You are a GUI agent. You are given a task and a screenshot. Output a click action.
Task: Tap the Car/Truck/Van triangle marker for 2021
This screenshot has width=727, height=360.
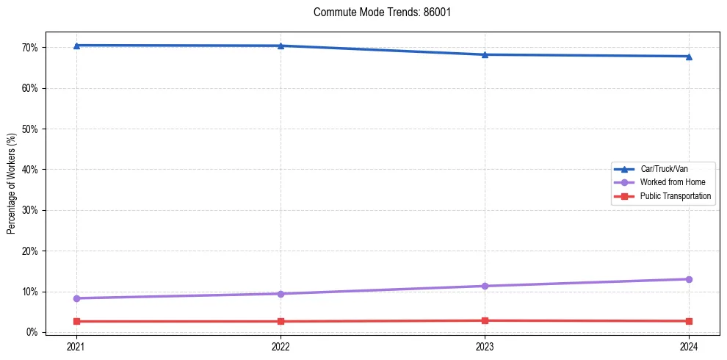pyautogui.click(x=76, y=46)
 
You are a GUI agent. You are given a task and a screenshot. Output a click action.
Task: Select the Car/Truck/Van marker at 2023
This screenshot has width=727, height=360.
pyautogui.click(x=485, y=54)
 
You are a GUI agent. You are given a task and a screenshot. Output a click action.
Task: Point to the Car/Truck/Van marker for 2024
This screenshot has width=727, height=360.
pyautogui.click(x=689, y=57)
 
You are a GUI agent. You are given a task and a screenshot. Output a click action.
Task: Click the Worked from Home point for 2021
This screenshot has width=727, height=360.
pyautogui.click(x=76, y=298)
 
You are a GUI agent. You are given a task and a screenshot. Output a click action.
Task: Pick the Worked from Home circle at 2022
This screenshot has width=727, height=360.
pyautogui.click(x=281, y=294)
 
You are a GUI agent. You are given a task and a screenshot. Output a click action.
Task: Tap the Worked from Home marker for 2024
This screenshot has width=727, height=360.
pyautogui.click(x=689, y=279)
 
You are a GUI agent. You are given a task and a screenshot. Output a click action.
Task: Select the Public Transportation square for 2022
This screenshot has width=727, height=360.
pyautogui.click(x=281, y=321)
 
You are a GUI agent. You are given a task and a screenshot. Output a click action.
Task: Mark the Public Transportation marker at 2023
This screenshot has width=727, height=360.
pyautogui.click(x=485, y=320)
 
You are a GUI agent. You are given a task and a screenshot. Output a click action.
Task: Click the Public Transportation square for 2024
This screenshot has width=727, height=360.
pyautogui.click(x=689, y=321)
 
